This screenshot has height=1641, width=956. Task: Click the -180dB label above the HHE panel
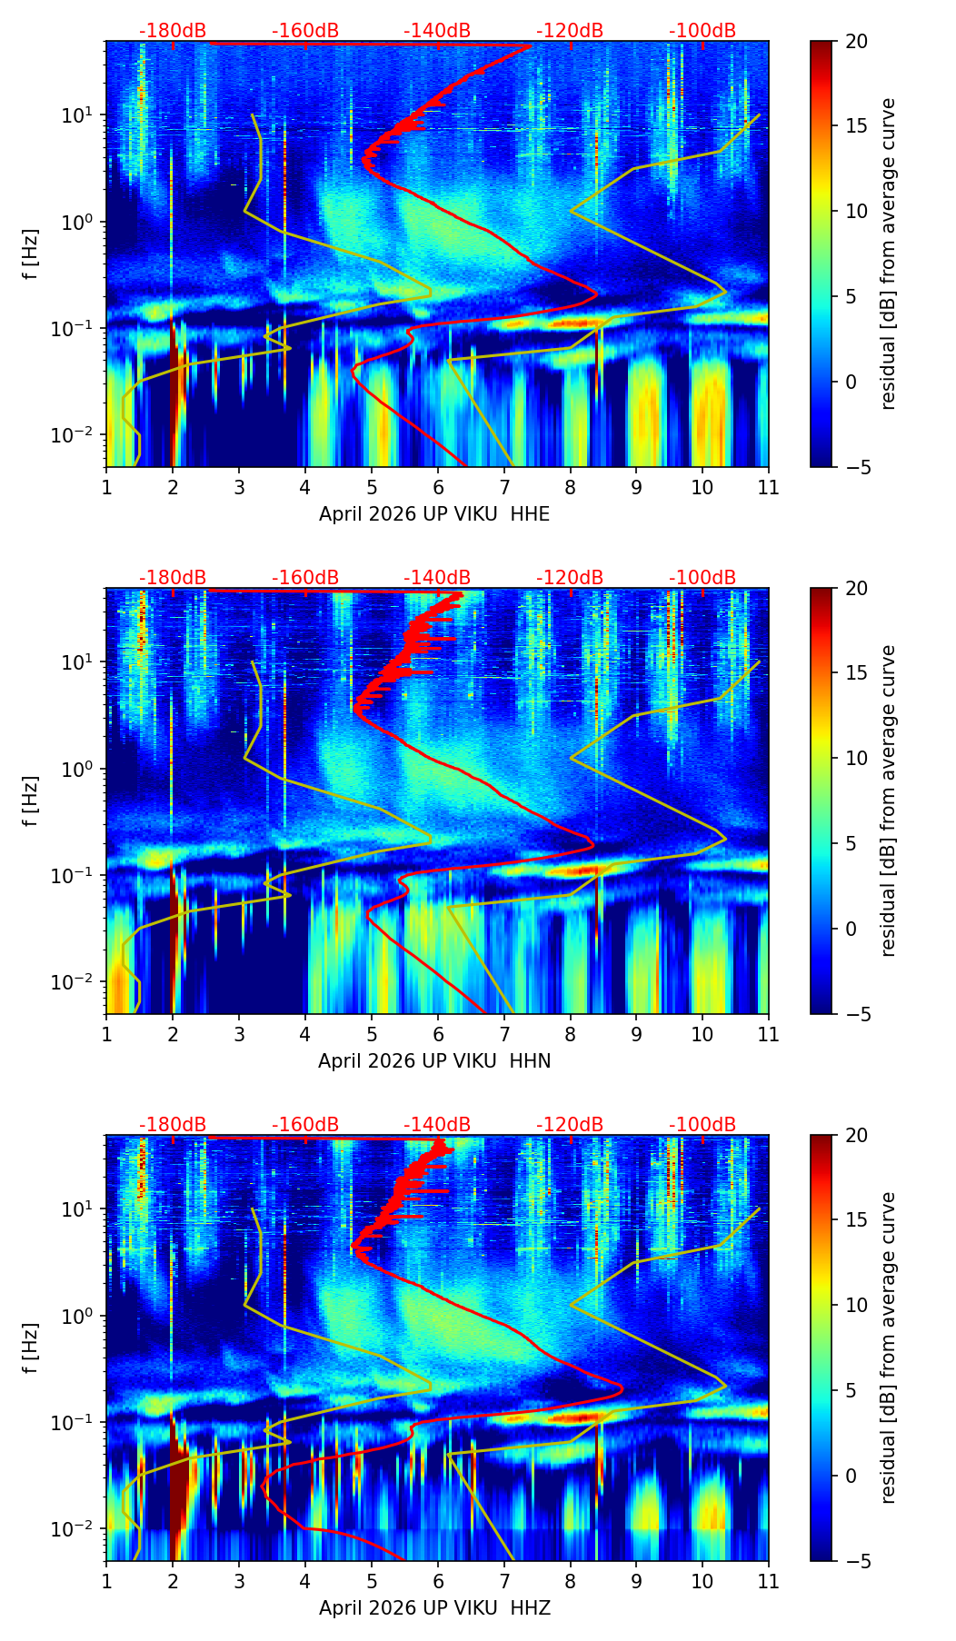pos(173,31)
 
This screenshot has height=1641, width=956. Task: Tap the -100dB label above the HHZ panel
pos(702,1125)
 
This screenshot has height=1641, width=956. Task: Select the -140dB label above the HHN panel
pos(437,578)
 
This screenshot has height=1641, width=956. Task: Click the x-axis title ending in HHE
pos(434,514)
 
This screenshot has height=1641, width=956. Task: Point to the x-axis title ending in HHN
pos(434,1061)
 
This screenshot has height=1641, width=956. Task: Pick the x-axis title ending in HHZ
pos(434,1608)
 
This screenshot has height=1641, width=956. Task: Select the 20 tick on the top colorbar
pos(856,41)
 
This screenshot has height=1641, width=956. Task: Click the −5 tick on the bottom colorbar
pos(856,1561)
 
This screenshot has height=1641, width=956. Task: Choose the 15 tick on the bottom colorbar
pos(856,1220)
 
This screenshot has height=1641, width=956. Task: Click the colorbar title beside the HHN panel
pos(889,801)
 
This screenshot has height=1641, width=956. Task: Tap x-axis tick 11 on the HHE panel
pos(769,487)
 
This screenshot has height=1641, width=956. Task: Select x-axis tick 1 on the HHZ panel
pos(106,1581)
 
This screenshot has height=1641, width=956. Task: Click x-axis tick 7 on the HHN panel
pos(503,1034)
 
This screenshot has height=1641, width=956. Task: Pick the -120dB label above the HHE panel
pos(570,31)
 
